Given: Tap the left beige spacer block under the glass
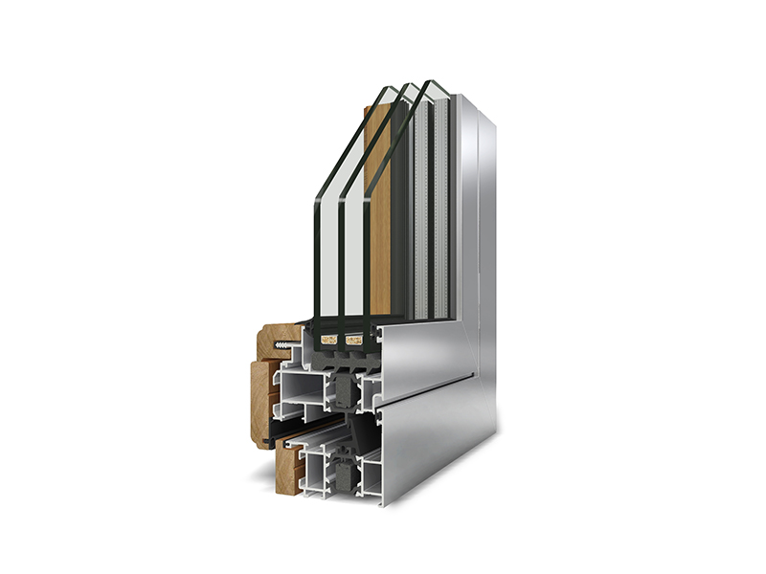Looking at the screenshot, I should pos(327,338).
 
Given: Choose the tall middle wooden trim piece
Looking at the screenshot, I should pos(260,402).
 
